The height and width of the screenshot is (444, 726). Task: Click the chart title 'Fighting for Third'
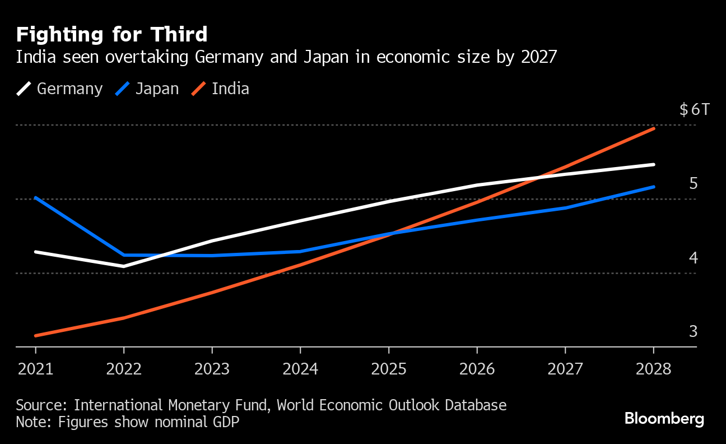coord(111,35)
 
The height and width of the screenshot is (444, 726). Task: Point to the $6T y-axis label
coord(694,109)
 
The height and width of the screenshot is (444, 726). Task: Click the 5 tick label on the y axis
coord(693,183)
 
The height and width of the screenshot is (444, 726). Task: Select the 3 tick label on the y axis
coord(693,331)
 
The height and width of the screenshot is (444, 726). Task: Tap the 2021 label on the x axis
coord(35,368)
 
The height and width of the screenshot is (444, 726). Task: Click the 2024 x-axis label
coord(300,368)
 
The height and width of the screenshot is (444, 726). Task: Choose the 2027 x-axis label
coord(565,368)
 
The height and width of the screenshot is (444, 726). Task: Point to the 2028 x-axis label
coord(653,368)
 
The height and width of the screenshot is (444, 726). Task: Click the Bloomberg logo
coord(664,418)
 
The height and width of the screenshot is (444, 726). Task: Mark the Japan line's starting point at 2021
coord(35,197)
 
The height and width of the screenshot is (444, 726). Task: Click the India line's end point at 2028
coord(654,128)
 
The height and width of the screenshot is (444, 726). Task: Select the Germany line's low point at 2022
coord(123,266)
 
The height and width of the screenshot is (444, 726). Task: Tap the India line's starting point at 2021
coord(35,336)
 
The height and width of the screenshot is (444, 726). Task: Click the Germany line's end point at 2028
coord(654,164)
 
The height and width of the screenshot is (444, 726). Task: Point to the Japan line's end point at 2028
coord(654,187)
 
